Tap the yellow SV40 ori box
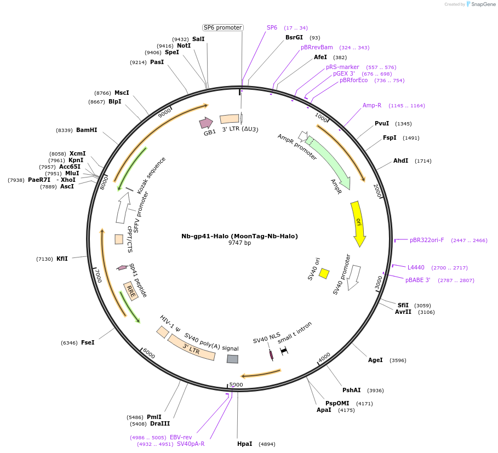click(x=324, y=273)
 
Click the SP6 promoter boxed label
click(x=222, y=27)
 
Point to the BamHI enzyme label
click(x=87, y=130)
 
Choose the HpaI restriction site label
click(x=245, y=444)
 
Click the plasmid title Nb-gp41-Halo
click(x=239, y=236)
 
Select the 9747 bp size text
click(x=239, y=243)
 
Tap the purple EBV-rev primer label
click(x=181, y=437)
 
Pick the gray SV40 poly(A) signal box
click(x=232, y=359)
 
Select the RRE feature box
click(x=131, y=291)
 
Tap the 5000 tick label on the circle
click(x=236, y=385)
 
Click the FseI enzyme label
click(x=88, y=342)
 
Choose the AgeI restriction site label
click(x=375, y=360)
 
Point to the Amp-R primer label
click(x=372, y=105)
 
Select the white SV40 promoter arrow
click(x=354, y=277)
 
